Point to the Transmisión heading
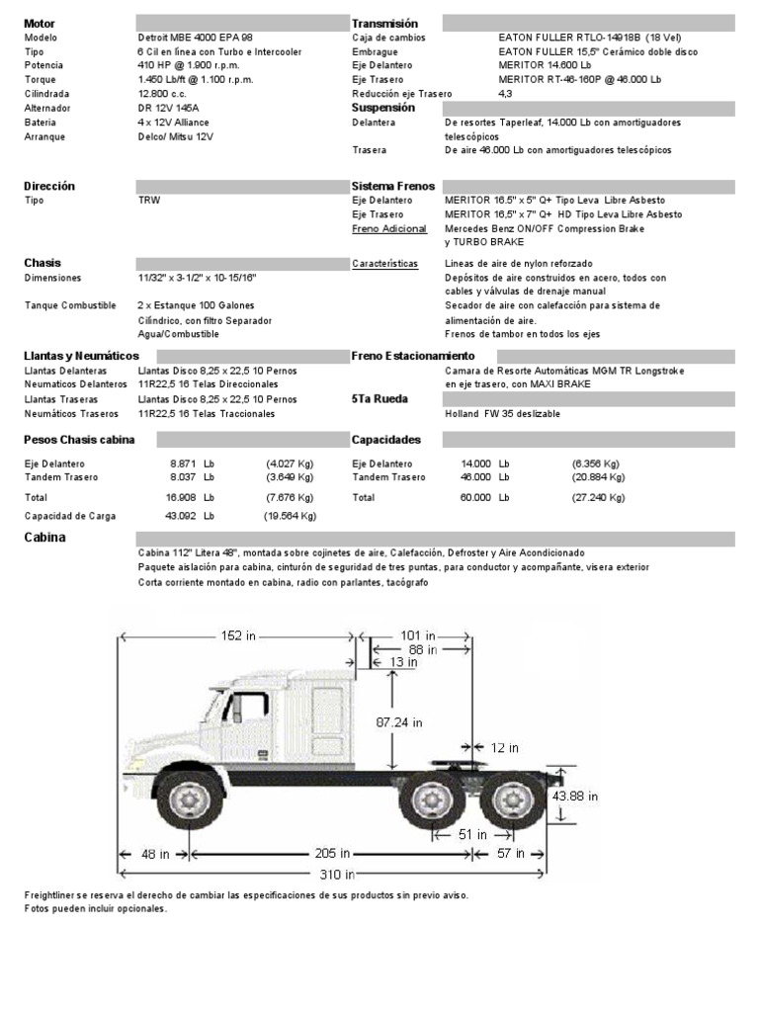pos(384,23)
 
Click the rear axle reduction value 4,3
pos(505,93)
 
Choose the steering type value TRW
pos(148,200)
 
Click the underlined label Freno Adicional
pos(389,228)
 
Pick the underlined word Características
pos(385,264)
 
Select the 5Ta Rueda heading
pos(379,398)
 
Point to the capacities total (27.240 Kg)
pos(598,498)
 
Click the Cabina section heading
pos(44,538)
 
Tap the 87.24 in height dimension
pos(398,722)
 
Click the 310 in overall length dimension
pos(336,874)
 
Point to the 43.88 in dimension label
pos(575,796)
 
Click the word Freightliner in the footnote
pos(51,895)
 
